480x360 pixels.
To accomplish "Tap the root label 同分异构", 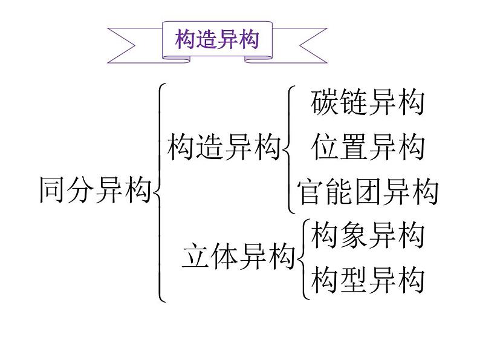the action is click(94, 191).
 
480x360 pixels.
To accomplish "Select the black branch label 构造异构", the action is click(224, 147).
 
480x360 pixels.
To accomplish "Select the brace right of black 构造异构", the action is click(290, 148).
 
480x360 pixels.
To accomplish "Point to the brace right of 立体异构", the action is click(302, 258).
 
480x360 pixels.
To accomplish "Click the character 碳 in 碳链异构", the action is click(325, 102).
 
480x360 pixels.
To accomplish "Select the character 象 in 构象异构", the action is click(354, 235).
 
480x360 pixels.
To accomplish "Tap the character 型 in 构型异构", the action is click(354, 280).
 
